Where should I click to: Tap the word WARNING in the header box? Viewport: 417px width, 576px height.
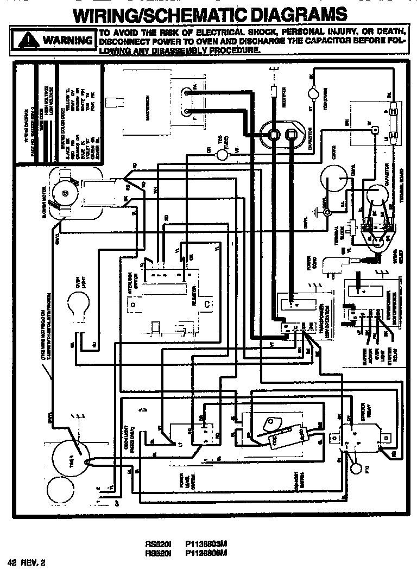(x=67, y=40)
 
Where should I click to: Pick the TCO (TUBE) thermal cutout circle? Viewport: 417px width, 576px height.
(x=223, y=154)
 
